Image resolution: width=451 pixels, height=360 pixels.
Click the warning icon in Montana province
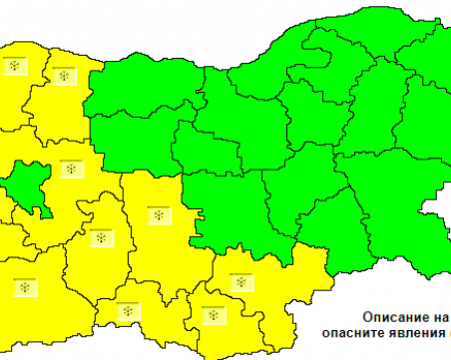click(x=14, y=66)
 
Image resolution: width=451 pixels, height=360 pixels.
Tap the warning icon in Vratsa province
click(x=65, y=76)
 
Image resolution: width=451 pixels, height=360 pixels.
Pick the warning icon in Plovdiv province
click(x=157, y=214)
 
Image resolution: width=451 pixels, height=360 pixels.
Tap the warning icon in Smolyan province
click(x=129, y=313)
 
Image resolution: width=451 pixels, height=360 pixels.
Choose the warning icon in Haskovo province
click(x=239, y=282)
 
